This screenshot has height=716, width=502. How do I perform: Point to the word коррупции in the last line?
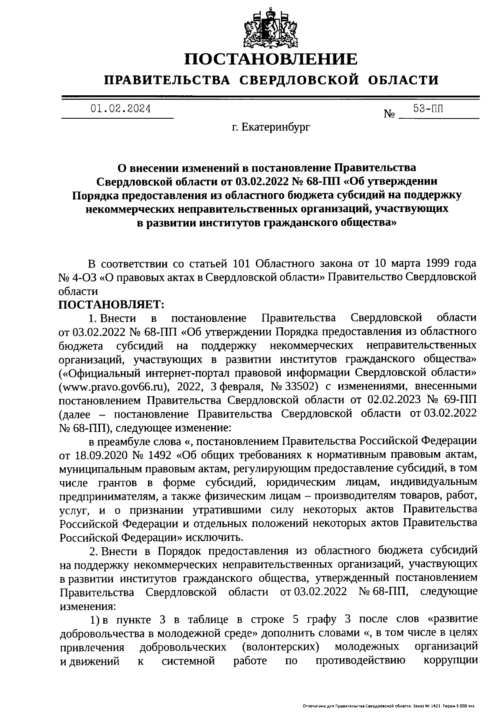tap(451, 661)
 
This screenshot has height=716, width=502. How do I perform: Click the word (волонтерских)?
tap(284, 647)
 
